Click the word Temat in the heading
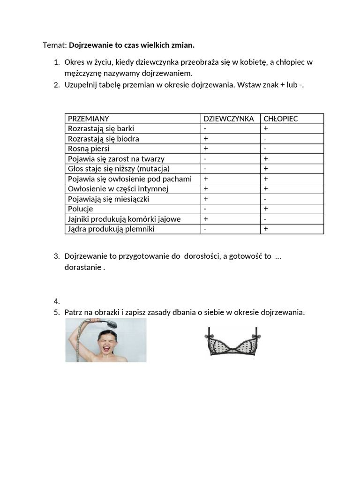[x=54, y=45]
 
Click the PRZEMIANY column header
[x=89, y=119]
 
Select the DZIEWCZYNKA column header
[x=229, y=119]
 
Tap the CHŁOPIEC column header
[x=281, y=119]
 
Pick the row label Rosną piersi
[x=89, y=149]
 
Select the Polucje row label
[x=81, y=209]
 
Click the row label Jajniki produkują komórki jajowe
[x=124, y=219]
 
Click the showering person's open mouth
[x=106, y=349]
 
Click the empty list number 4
[x=56, y=301]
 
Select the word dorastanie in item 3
[x=82, y=268]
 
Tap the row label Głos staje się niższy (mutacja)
[x=119, y=169]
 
